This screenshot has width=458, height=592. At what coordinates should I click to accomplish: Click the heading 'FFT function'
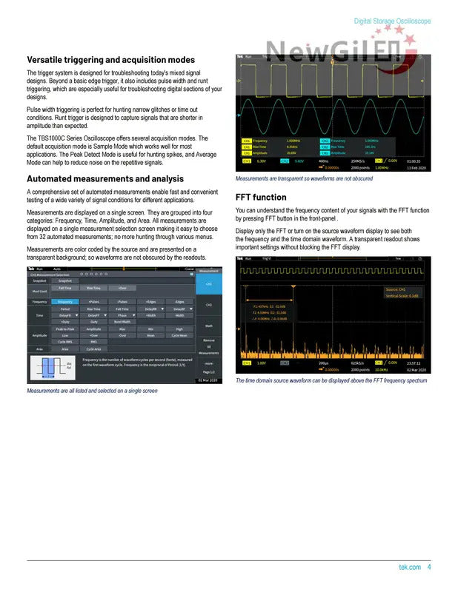click(260, 198)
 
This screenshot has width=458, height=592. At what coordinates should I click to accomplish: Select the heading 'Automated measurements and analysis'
click(104, 178)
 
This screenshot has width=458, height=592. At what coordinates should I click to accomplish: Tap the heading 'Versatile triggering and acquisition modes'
click(111, 60)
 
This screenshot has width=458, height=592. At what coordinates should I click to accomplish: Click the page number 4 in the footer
click(429, 568)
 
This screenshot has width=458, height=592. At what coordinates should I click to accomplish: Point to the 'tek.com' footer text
click(410, 568)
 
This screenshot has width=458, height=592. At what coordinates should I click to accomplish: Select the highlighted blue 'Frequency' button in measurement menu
click(66, 302)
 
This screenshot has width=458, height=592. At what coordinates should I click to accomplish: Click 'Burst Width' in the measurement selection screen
click(122, 322)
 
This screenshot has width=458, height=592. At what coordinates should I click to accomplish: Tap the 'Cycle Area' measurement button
click(94, 349)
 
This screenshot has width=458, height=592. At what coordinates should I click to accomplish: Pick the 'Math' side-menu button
click(208, 325)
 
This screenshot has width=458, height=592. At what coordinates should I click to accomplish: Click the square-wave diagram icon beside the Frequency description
click(49, 366)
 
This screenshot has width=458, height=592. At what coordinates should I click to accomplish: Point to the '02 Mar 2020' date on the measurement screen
click(208, 380)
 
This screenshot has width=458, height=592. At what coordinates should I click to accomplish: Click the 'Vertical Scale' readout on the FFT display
click(402, 296)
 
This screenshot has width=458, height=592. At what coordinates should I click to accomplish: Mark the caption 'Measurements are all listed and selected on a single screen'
click(92, 391)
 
